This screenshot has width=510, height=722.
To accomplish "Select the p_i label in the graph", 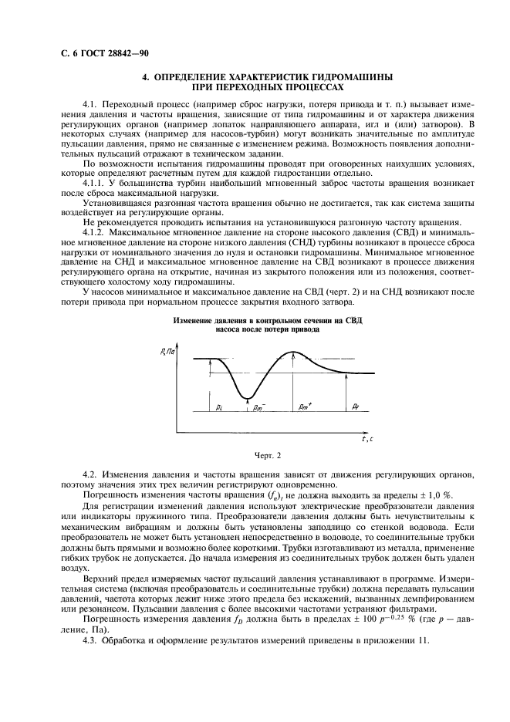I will click(219, 405).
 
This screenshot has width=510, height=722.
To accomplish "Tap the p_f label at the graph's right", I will click(354, 405).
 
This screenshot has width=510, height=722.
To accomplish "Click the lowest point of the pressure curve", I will click(248, 398).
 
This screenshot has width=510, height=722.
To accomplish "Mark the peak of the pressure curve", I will click(294, 352).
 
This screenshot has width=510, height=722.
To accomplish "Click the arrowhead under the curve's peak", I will click(294, 356).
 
